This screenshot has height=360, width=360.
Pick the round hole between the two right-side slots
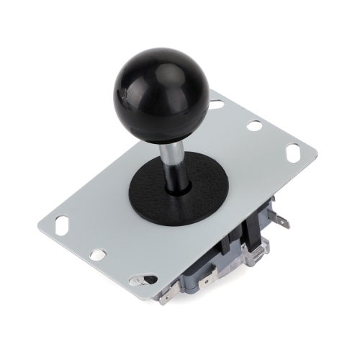pyautogui.click(x=254, y=125)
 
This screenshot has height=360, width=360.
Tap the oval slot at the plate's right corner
pyautogui.click(x=293, y=152)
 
